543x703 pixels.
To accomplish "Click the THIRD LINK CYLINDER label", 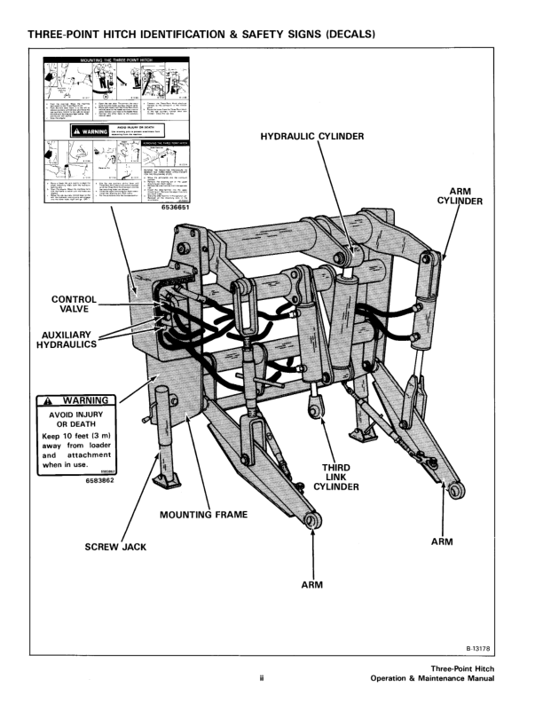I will coord(338,477).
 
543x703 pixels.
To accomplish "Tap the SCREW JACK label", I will coord(115,547).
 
